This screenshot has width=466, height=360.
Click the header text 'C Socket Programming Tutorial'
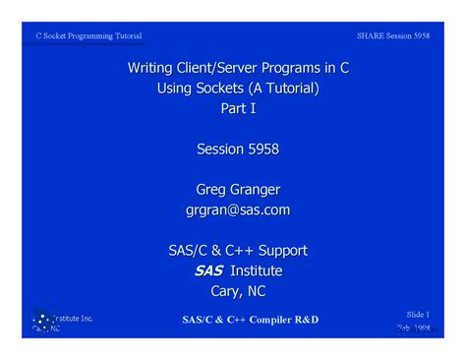click(88, 36)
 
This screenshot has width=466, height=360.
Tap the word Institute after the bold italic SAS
click(256, 270)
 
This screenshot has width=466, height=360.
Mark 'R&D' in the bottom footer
click(303, 320)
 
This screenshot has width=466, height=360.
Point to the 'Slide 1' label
click(419, 314)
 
